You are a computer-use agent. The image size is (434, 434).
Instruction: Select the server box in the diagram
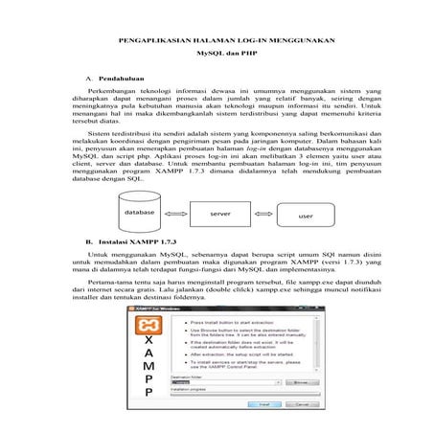click(x=219, y=214)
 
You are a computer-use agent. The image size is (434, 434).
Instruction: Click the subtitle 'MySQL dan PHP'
click(x=217, y=57)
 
